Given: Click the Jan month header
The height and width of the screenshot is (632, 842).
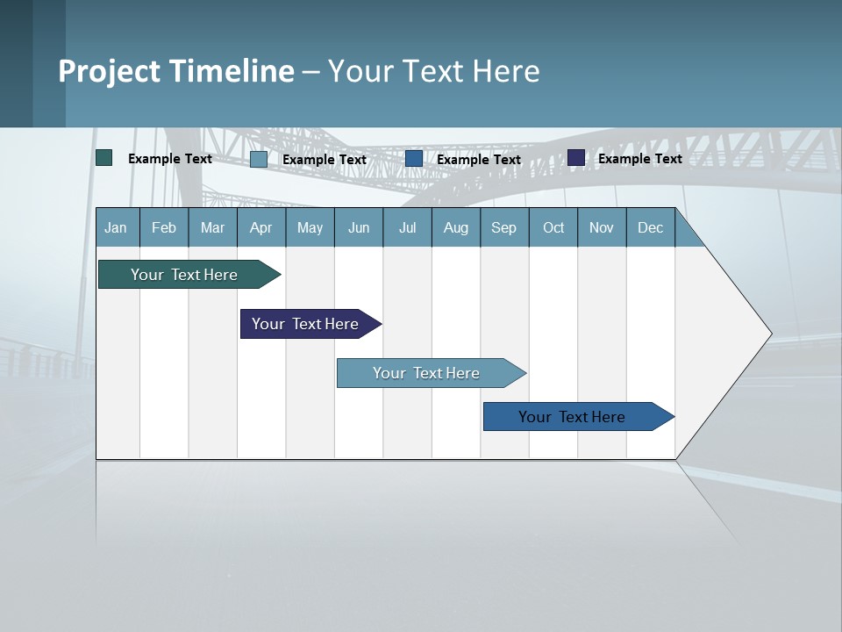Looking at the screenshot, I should pos(117,227).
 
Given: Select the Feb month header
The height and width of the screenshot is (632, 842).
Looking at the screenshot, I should pos(164,227).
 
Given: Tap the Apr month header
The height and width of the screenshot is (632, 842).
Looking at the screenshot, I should pos(261,227).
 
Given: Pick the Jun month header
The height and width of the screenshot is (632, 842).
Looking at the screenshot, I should pos(359,227).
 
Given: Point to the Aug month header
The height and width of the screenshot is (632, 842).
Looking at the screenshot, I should pos(456,227).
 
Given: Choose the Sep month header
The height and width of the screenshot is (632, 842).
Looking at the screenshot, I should pos(504,227).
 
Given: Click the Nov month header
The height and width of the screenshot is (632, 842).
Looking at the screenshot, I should pos(602,227).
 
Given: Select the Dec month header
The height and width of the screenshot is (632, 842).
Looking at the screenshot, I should pos(651,227).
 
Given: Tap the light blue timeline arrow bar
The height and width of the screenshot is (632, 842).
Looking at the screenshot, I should pos(427,373).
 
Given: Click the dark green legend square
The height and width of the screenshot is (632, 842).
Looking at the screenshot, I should pos(104,158).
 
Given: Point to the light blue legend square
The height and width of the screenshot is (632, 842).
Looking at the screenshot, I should pos(259,159).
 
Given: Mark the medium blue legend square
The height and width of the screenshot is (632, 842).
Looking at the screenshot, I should pos(414,159).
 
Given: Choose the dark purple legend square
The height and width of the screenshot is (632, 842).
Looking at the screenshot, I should pos(576,158).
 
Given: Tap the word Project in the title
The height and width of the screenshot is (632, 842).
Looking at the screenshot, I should pos(108,71).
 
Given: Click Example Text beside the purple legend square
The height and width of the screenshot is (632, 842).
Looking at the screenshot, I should pos(640,158).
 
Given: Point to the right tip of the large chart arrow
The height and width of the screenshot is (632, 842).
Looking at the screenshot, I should pos(770,334).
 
